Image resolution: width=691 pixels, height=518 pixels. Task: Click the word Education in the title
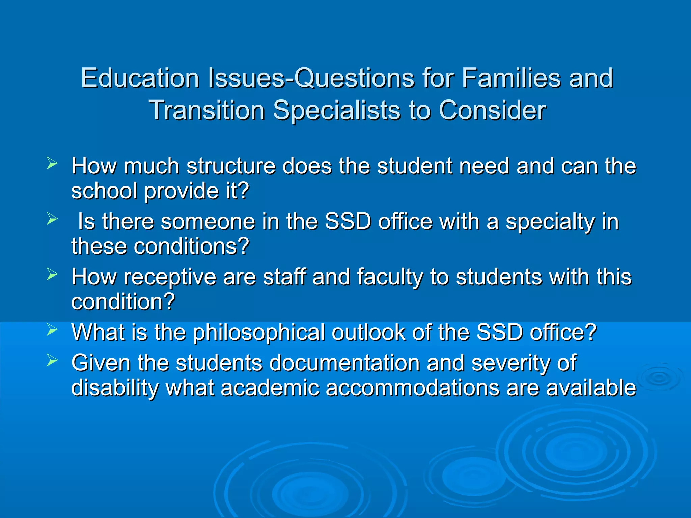(140, 78)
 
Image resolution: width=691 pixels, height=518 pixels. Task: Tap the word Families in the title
(511, 78)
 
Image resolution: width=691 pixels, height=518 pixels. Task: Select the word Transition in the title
(206, 110)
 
